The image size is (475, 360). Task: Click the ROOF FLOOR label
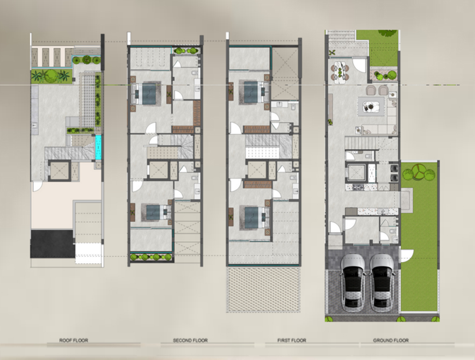coord(74,340)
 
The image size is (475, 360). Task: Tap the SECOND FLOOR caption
coord(190,340)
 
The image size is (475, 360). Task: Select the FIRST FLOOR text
coord(292,340)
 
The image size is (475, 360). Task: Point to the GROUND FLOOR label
coord(391,340)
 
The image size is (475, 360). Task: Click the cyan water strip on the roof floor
coord(98,147)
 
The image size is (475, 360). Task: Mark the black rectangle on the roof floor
coord(52,244)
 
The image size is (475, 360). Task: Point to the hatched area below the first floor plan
coord(263,290)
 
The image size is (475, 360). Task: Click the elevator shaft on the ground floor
coord(357,173)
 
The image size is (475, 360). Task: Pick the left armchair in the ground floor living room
coord(371,90)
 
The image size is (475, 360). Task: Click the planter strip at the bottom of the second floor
coord(151,257)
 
